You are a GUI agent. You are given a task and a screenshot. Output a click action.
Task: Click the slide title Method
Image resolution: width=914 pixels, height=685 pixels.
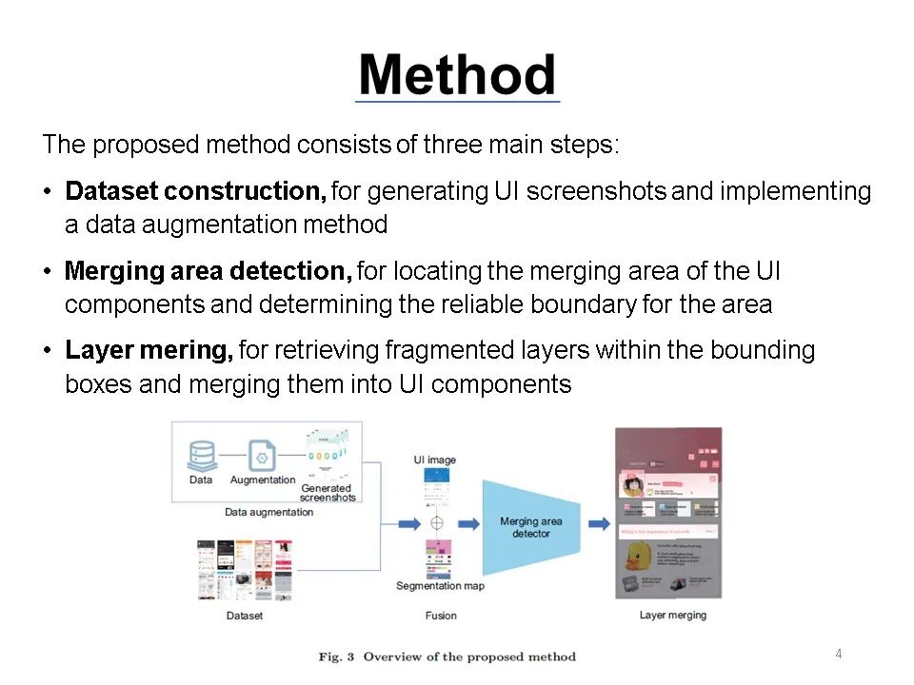pyautogui.click(x=457, y=75)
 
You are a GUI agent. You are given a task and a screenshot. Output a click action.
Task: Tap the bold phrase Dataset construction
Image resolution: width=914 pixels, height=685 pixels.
pyautogui.click(x=195, y=191)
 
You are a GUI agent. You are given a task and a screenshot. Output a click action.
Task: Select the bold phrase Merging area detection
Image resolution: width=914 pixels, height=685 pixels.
pyautogui.click(x=208, y=271)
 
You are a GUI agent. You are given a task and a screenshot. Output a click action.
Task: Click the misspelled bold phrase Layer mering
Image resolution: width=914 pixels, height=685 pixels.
pyautogui.click(x=149, y=351)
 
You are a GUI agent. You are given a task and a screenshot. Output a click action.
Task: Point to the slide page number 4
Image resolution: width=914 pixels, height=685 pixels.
pyautogui.click(x=838, y=654)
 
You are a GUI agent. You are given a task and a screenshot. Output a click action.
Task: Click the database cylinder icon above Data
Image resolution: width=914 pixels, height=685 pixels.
pyautogui.click(x=201, y=455)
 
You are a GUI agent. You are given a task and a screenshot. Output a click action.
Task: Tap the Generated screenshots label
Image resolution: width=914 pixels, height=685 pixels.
pyautogui.click(x=328, y=493)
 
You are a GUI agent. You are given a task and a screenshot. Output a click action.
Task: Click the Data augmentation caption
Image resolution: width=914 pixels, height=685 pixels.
pyautogui.click(x=268, y=512)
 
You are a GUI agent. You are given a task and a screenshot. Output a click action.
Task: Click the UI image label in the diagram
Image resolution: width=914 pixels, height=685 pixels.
pyautogui.click(x=434, y=460)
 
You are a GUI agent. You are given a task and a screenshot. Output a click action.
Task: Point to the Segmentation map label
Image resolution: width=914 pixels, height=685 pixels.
pyautogui.click(x=440, y=586)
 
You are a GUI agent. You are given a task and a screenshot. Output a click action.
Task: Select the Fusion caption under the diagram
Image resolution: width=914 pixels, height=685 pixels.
pyautogui.click(x=441, y=616)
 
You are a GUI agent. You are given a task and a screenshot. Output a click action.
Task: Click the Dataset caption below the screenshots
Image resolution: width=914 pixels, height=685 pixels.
pyautogui.click(x=244, y=616)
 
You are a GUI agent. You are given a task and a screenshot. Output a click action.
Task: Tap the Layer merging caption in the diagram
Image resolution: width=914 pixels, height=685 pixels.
pyautogui.click(x=673, y=616)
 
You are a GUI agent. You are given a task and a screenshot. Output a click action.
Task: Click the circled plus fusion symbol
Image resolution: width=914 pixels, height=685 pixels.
pyautogui.click(x=437, y=523)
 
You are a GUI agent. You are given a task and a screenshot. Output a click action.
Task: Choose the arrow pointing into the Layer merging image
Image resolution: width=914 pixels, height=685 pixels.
pyautogui.click(x=598, y=523)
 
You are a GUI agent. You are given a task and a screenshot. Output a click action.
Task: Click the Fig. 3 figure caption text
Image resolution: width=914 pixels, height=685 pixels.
pyautogui.click(x=447, y=656)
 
